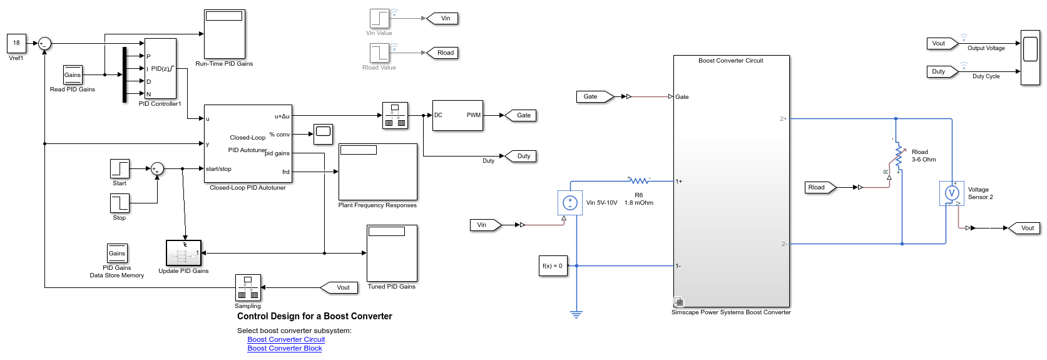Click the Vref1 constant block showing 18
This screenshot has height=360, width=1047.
[16, 43]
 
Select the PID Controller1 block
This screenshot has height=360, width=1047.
[160, 68]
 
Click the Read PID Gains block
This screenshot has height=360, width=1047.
[73, 75]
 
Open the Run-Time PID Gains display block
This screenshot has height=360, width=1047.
[225, 34]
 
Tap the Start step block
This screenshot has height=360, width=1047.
[120, 169]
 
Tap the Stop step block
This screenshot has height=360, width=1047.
[120, 203]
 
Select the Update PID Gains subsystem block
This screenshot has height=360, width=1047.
[183, 253]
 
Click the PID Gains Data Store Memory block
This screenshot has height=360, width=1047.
[117, 254]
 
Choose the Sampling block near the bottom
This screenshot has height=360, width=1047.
[248, 288]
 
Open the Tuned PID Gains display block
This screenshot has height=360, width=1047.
[392, 253]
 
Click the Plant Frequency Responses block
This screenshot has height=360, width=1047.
[377, 172]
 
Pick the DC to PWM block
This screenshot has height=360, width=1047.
[457, 115]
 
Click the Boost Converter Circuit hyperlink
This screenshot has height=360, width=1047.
[286, 339]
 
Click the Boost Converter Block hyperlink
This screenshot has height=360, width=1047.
[285, 348]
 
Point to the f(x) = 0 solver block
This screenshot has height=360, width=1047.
[553, 265]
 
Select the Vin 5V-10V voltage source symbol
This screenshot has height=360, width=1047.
[569, 203]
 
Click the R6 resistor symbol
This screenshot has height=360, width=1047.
[639, 181]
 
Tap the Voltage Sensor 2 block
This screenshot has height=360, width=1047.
[951, 193]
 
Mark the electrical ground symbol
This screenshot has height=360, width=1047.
[576, 314]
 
